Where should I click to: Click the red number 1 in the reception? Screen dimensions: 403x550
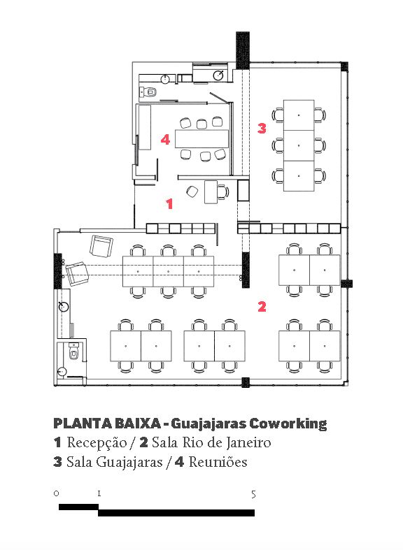[x=170, y=203]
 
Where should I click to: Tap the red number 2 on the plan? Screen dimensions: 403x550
[x=262, y=307]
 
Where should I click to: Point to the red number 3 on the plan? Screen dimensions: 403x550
[x=262, y=128]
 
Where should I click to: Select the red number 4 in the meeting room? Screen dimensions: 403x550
[x=165, y=140]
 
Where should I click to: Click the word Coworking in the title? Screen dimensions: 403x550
[x=288, y=424]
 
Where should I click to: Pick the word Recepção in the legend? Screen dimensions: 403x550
[x=97, y=442]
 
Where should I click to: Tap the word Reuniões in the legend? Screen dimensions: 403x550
[x=218, y=462]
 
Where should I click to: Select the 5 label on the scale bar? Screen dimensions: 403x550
[x=253, y=495]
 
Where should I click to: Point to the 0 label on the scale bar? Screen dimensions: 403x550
[x=56, y=493]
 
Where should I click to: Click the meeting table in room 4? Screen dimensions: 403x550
[x=202, y=138]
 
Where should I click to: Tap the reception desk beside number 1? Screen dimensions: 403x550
[x=211, y=191]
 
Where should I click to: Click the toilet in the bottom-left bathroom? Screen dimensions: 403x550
[x=73, y=352]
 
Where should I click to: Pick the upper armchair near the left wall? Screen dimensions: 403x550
[x=101, y=246]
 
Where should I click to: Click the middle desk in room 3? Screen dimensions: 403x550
[x=299, y=145]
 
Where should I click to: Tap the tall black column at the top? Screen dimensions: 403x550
[x=243, y=50]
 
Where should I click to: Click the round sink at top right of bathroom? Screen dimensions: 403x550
[x=220, y=74]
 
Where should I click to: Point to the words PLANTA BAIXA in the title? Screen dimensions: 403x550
[x=107, y=424]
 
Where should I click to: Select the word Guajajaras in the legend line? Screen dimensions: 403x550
[x=129, y=463]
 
